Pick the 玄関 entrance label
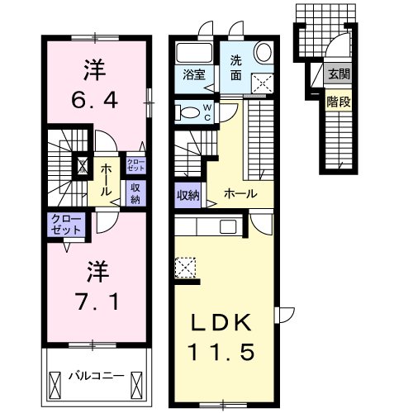[338, 75]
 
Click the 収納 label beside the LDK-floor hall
[188, 195]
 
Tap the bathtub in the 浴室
[196, 54]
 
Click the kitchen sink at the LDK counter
[228, 225]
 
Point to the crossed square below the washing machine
[263, 83]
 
